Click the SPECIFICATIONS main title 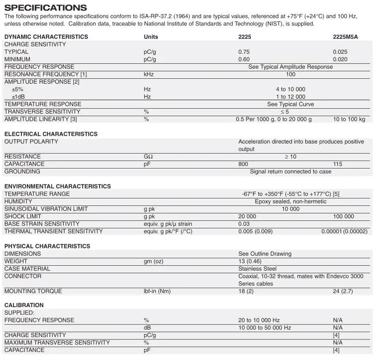tap(45, 7)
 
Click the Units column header tap(151, 37)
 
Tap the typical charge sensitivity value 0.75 tap(244, 52)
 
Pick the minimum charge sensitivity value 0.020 tap(341, 59)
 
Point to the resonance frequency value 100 tap(290, 74)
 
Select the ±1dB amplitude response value tap(290, 97)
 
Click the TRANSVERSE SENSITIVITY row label tap(42, 112)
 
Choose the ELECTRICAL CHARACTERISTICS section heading tap(51, 134)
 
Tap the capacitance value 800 tap(243, 164)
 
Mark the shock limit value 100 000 tap(344, 216)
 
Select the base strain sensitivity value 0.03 tap(244, 224)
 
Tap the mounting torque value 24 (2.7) tap(344, 291)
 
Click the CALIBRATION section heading tap(24, 305)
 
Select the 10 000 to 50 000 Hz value tap(264, 328)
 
